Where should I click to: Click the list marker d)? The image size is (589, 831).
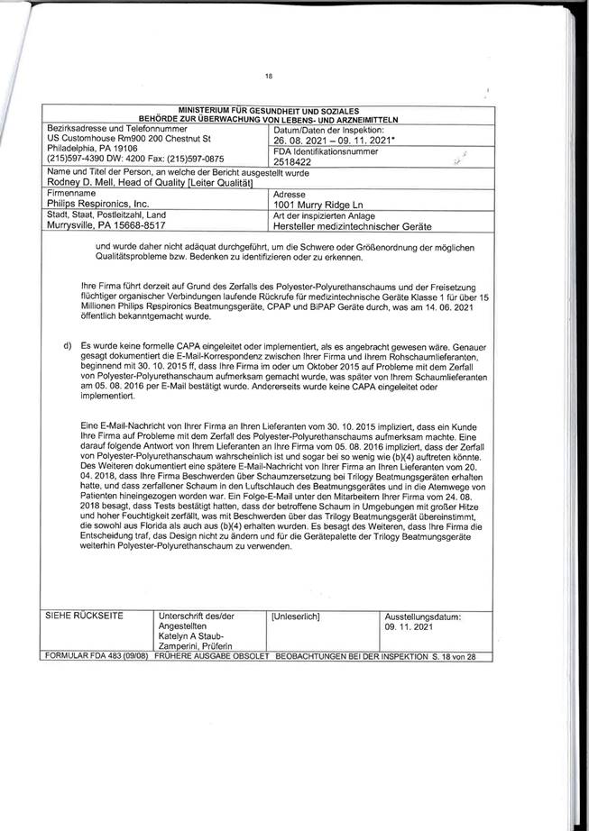point(67,345)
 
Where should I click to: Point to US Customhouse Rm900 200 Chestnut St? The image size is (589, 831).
point(129,140)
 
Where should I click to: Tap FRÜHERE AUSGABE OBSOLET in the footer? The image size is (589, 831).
point(212,656)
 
